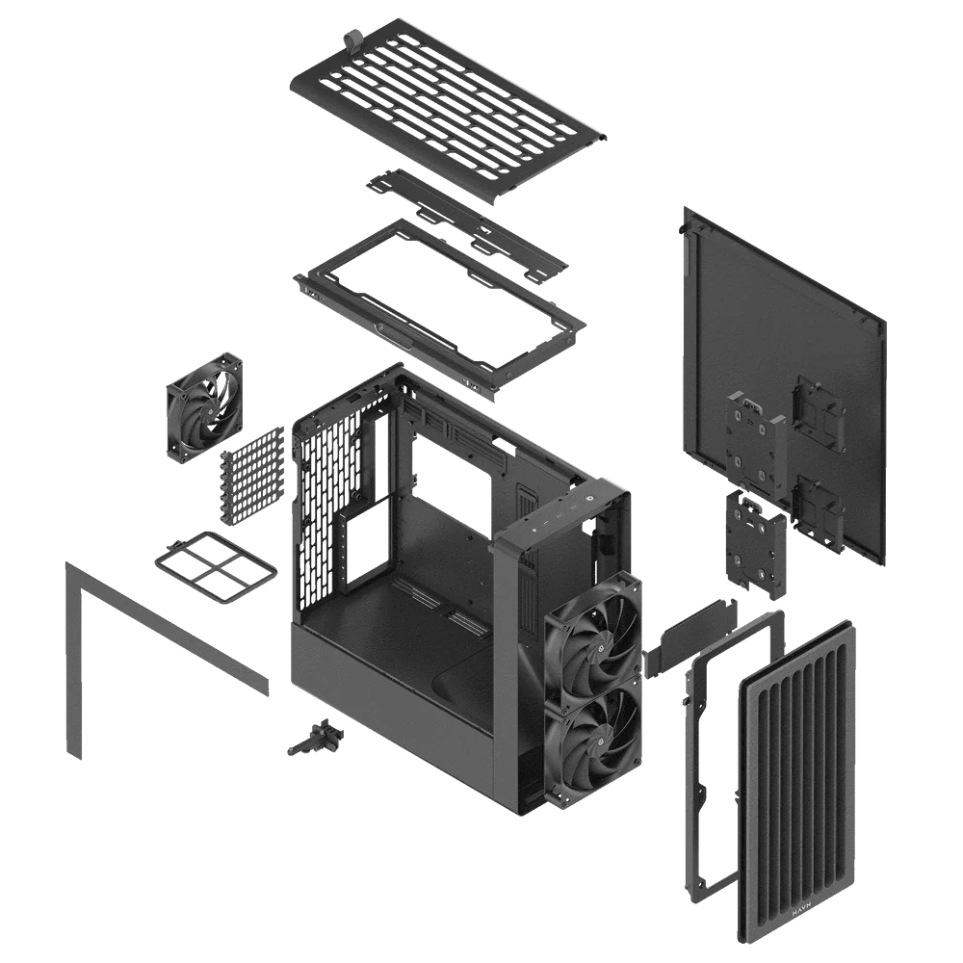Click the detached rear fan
point(204,410)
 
